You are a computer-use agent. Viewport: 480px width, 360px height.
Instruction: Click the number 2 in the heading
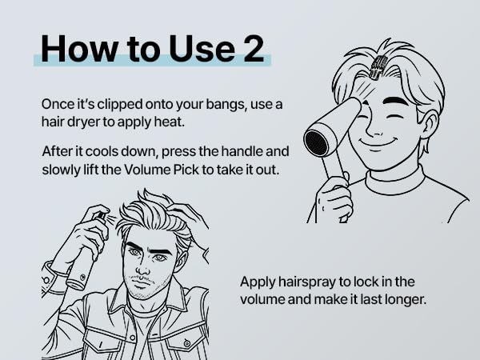(x=254, y=49)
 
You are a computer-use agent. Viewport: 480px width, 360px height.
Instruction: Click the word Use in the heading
(x=202, y=49)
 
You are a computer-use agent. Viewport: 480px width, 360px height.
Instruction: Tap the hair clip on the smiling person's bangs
(x=376, y=66)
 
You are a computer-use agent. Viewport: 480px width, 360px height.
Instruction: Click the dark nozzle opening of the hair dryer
(x=316, y=142)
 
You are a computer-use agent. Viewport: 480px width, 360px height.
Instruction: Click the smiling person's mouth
(x=376, y=142)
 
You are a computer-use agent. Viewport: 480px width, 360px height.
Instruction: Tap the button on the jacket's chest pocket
(x=186, y=343)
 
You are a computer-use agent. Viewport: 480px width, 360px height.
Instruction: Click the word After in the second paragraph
(x=55, y=151)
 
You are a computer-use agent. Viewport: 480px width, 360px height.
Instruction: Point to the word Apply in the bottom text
(x=257, y=282)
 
